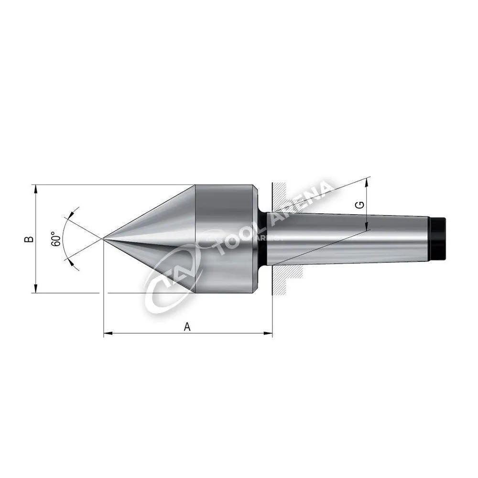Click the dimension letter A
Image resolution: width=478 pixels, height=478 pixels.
[x=187, y=327]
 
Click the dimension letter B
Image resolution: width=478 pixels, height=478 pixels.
[x=29, y=239]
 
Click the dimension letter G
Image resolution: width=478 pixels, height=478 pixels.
[x=360, y=205]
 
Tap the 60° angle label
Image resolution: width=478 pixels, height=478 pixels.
[x=55, y=239]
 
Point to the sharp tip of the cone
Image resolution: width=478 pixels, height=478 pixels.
[x=104, y=239]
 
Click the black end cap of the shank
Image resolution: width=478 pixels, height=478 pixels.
[x=437, y=239]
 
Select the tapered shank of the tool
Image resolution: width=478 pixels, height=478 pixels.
[x=348, y=239]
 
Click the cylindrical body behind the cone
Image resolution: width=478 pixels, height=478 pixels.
[x=226, y=239]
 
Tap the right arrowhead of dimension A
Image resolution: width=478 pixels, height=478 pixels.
[x=268, y=333]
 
